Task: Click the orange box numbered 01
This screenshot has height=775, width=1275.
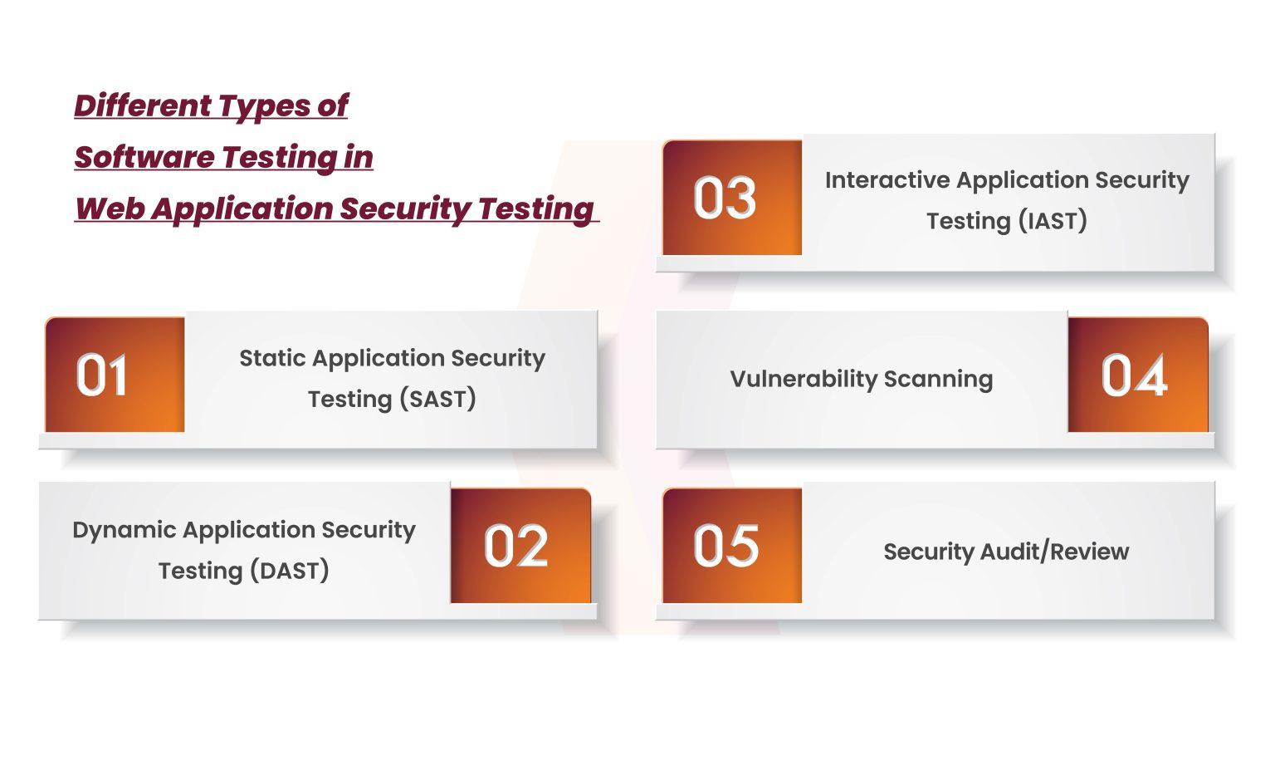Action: click(115, 375)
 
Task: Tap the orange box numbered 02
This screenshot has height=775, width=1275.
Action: click(520, 546)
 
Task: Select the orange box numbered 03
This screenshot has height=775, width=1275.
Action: click(732, 198)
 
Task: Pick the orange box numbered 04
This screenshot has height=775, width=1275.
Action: click(1138, 375)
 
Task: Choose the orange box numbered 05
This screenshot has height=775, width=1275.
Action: click(732, 546)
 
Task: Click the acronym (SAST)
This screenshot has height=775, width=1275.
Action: click(437, 399)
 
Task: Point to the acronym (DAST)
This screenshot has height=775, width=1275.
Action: click(290, 571)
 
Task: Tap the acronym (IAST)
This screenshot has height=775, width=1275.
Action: click(1053, 221)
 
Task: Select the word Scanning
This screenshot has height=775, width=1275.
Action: click(939, 380)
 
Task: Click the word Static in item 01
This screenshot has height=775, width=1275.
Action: click(272, 358)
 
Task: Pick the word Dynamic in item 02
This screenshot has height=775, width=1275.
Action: click(124, 531)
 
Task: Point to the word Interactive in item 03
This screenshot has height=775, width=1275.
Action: click(887, 180)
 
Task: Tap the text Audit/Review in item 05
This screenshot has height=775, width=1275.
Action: click(1055, 552)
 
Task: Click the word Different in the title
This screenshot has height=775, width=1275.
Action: click(143, 105)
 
